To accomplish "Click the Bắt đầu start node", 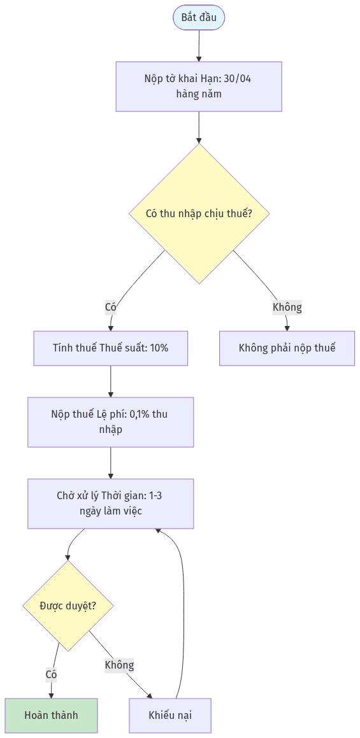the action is click(199, 18).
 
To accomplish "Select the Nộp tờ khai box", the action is click(199, 86).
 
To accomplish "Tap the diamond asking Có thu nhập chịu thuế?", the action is click(199, 213).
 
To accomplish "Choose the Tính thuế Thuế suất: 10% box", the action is click(111, 348).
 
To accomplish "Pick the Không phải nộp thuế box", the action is click(287, 348).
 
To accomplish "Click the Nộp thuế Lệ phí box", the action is click(111, 422).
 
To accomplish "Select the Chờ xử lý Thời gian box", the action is click(111, 504).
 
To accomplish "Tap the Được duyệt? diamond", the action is click(68, 606).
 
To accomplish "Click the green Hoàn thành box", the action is click(52, 716).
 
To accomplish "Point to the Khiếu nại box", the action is click(170, 716).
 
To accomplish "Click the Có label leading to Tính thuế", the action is click(111, 308).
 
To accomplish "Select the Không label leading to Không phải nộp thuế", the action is click(287, 308).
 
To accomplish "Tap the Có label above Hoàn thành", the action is click(52, 674).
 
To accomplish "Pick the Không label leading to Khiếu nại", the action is click(119, 665).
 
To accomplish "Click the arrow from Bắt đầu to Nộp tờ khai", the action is click(199, 46).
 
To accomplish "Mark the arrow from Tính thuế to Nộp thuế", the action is click(111, 381).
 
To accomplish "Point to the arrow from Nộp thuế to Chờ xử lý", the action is click(111, 463).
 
